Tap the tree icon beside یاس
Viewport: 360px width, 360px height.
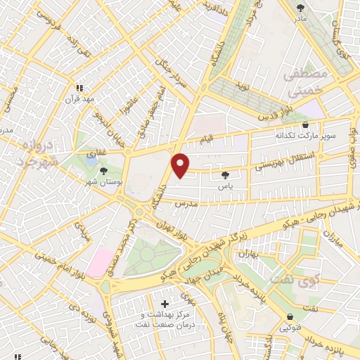click(225, 175)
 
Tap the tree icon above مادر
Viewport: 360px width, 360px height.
click(302, 8)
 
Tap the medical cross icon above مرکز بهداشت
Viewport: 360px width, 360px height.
click(165, 304)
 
